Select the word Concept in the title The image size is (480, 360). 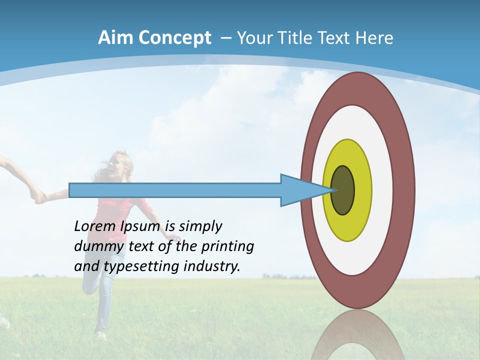pos(174,38)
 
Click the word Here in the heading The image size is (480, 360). pos(374,38)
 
